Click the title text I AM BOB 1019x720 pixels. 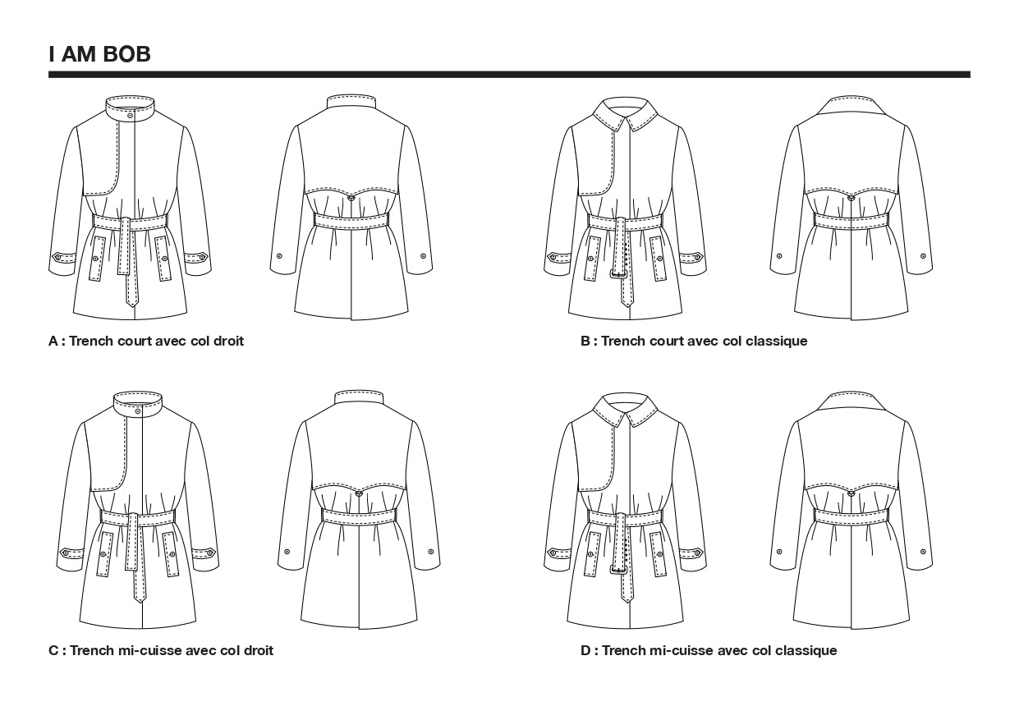click(99, 55)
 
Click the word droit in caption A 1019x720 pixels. click(227, 341)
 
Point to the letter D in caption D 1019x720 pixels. click(585, 650)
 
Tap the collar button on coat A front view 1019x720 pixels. click(131, 116)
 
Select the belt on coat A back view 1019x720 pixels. click(351, 221)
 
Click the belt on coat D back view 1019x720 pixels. click(851, 516)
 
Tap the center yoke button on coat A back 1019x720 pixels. click(351, 197)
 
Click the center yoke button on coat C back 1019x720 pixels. click(360, 493)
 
